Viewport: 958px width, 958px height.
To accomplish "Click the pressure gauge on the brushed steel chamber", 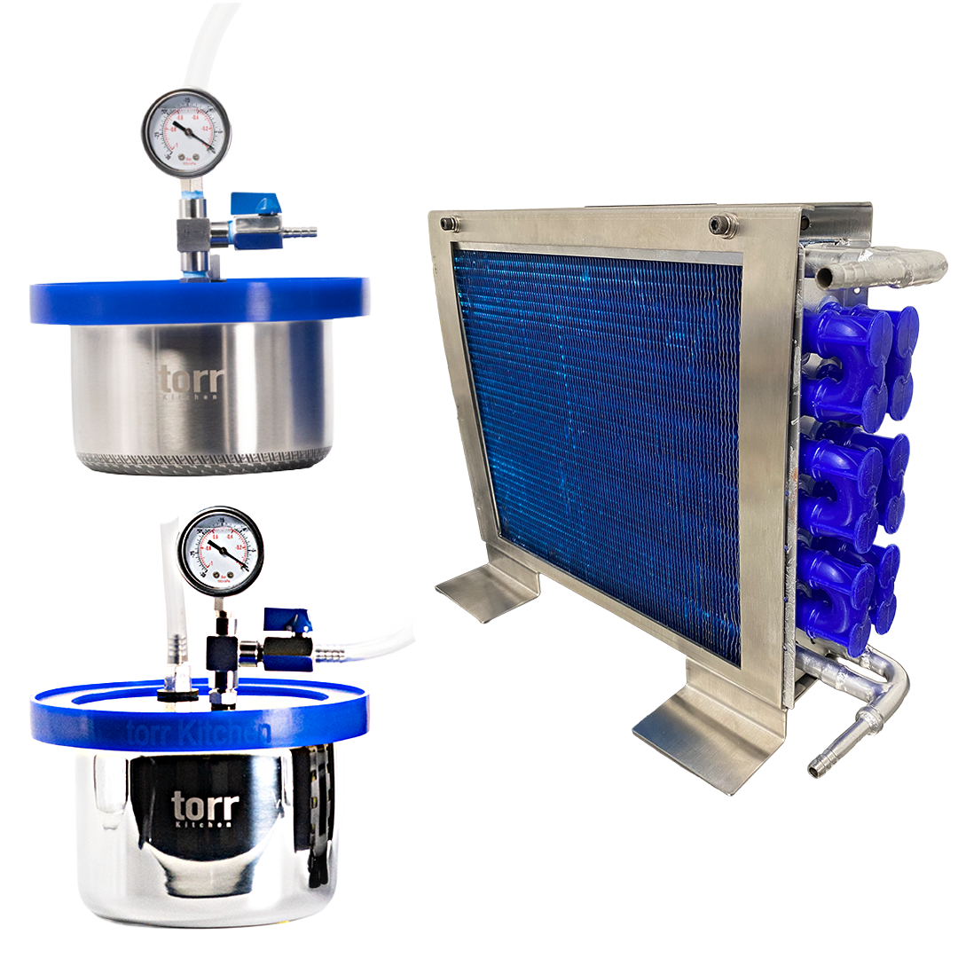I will [x=185, y=135].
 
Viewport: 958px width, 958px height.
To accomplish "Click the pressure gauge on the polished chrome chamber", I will [x=221, y=550].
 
